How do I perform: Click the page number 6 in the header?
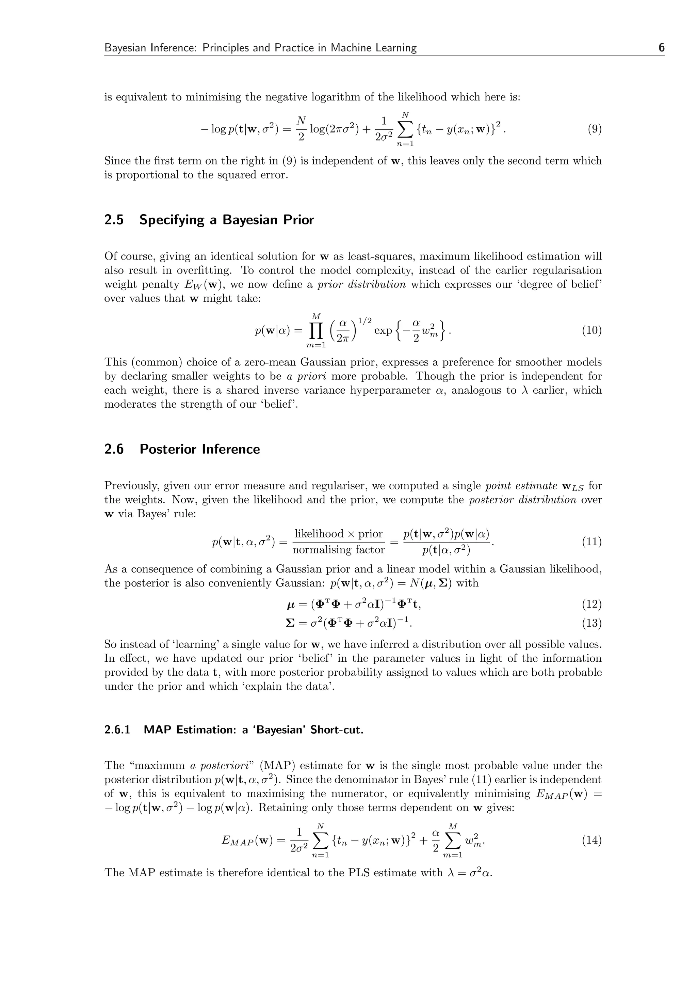[661, 48]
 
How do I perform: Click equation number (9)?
[594, 129]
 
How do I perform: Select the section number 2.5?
[114, 220]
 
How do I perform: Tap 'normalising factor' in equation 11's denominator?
[338, 550]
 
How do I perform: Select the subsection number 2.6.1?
[117, 730]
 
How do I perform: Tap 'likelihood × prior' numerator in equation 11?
[338, 534]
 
